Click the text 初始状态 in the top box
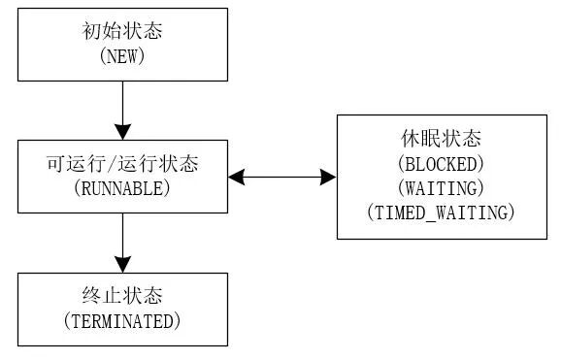[122, 32]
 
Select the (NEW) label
[122, 57]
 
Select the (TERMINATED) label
[122, 321]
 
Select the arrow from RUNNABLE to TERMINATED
[122, 243]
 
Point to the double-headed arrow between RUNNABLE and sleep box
[282, 178]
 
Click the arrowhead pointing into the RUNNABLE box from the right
[237, 178]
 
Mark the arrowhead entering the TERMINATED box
[122, 263]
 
